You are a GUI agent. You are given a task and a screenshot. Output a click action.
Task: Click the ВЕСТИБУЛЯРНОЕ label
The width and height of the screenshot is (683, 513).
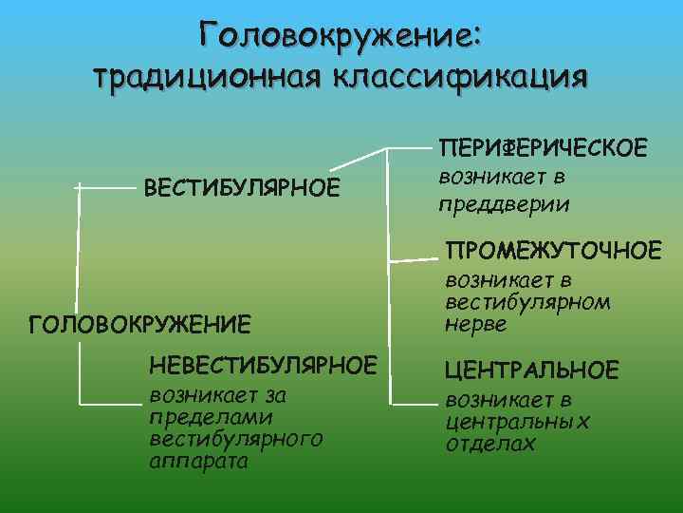241,187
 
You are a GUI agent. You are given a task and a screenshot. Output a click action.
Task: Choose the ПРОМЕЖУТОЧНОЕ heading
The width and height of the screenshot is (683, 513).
555,251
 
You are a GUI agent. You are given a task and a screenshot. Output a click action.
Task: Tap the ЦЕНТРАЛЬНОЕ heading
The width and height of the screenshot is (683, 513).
532,370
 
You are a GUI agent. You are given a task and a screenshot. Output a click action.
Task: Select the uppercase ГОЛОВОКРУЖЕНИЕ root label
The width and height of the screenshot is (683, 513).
140,326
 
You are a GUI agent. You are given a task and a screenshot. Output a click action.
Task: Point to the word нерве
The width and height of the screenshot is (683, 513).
476,324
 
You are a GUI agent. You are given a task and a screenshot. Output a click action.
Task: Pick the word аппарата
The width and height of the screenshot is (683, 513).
198,462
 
